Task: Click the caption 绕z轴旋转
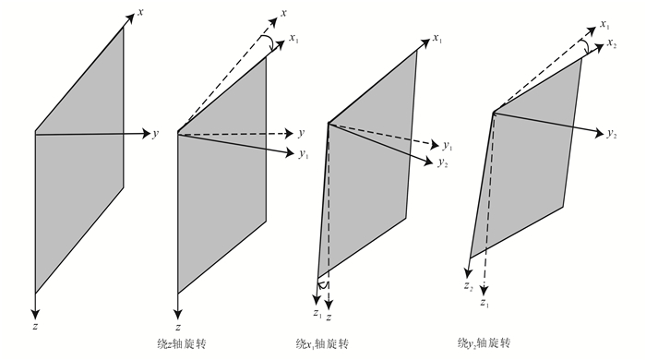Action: (181, 343)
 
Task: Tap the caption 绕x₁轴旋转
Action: (322, 343)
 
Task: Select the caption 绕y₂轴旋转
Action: (484, 342)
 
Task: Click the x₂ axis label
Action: (612, 43)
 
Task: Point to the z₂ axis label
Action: (468, 286)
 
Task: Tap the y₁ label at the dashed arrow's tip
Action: (448, 146)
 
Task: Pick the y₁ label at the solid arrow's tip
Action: (304, 154)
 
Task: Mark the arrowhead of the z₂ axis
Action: (468, 272)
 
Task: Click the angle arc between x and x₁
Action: (270, 42)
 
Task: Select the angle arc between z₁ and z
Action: (323, 283)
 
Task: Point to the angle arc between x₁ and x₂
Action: (584, 46)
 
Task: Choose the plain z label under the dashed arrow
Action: (329, 318)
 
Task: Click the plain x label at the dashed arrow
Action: (283, 13)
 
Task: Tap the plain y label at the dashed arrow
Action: (302, 133)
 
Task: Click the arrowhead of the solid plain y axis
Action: (146, 134)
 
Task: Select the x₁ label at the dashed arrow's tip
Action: (604, 24)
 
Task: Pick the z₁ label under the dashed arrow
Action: (484, 303)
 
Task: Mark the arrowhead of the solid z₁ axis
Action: (317, 299)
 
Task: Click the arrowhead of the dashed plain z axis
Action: (329, 305)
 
